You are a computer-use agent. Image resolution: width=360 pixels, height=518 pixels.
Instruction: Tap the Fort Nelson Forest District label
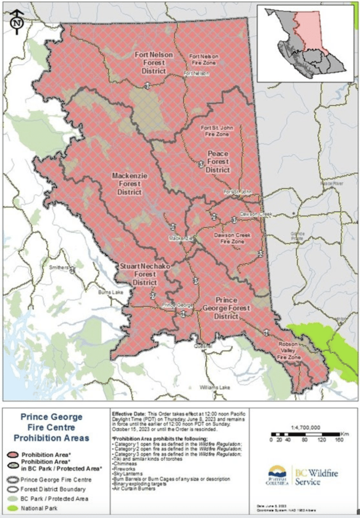(x=153, y=63)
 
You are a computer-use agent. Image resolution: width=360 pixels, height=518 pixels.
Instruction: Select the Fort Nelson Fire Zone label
(x=203, y=59)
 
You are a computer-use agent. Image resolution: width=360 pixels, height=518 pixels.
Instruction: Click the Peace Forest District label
(x=217, y=161)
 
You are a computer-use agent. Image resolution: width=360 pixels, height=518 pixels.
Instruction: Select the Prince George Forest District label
(x=226, y=308)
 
